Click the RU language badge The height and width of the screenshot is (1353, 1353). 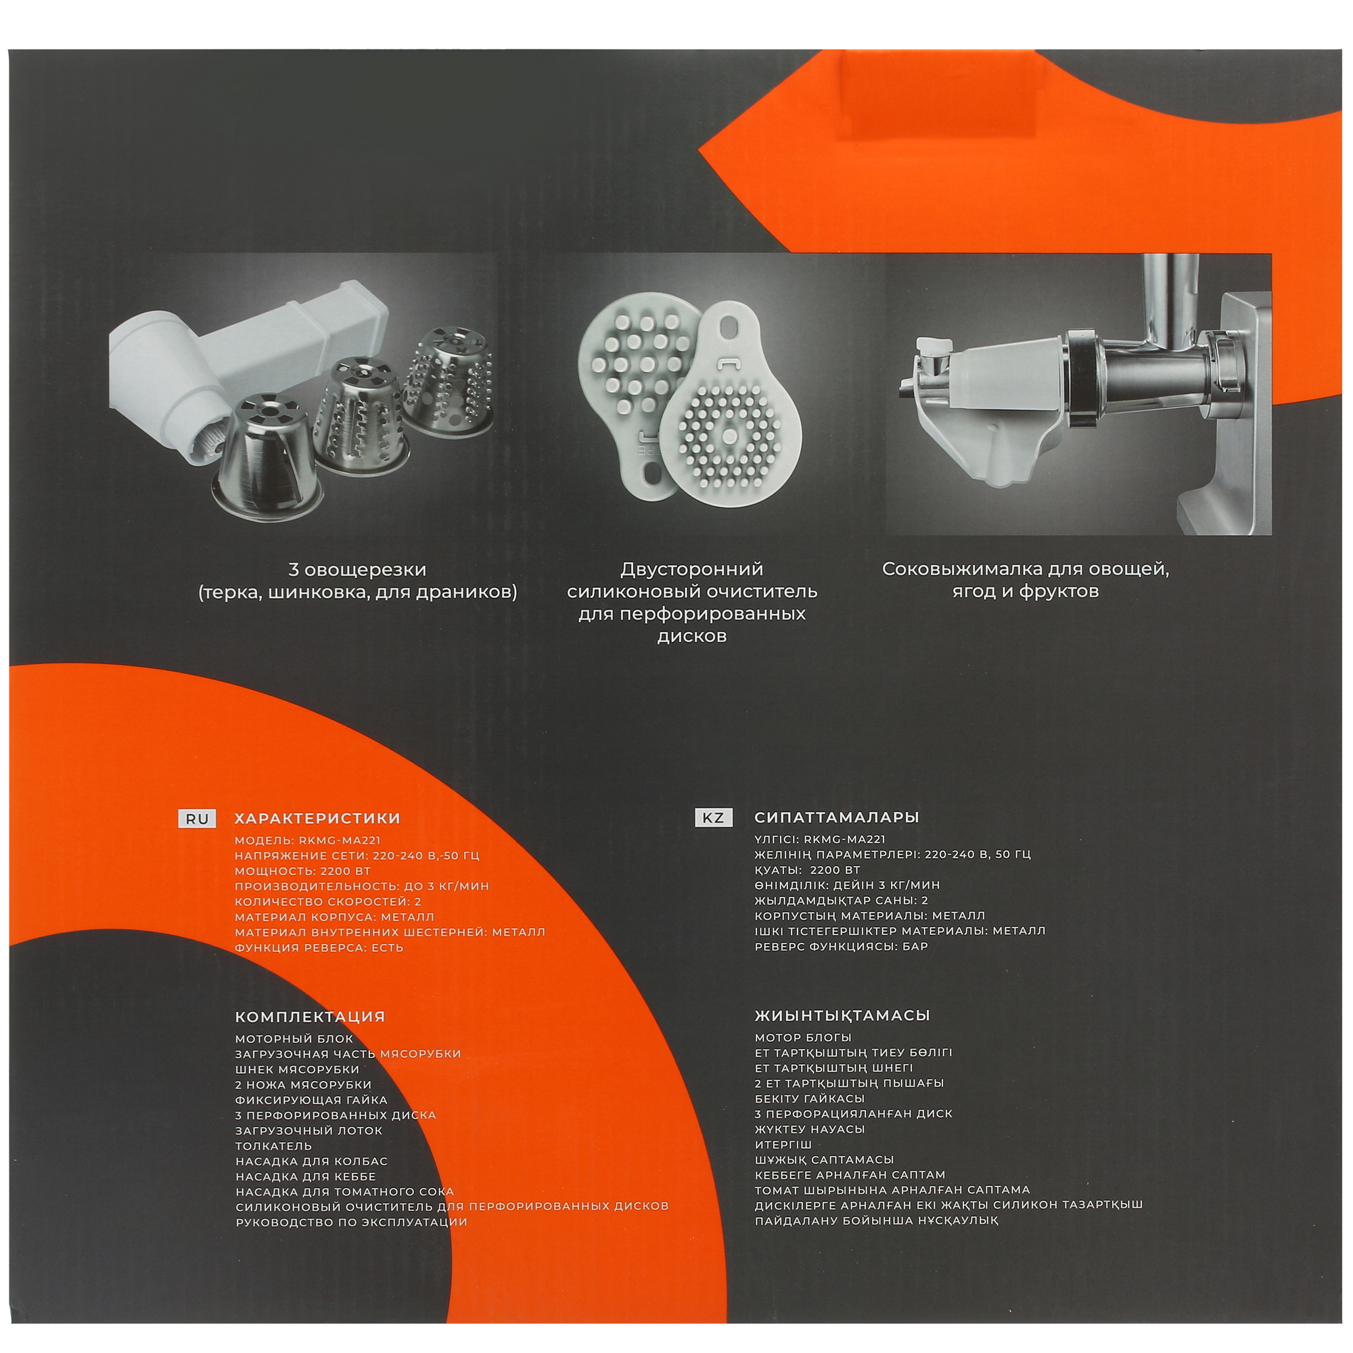point(198,819)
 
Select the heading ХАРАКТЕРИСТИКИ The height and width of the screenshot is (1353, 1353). point(318,819)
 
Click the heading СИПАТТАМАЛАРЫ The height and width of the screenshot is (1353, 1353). point(837,817)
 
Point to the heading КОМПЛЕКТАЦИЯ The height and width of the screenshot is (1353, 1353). point(311,1016)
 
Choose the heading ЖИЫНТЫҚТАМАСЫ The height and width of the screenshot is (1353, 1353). point(842,1015)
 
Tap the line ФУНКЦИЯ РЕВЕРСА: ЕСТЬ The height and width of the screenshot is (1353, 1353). point(319,948)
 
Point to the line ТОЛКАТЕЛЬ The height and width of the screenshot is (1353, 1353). point(274,1147)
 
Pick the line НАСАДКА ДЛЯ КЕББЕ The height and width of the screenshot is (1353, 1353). point(306,1177)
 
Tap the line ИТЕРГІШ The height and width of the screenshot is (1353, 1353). point(783,1145)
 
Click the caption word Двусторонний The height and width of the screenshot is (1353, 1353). point(692,569)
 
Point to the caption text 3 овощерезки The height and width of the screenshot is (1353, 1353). point(357,570)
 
